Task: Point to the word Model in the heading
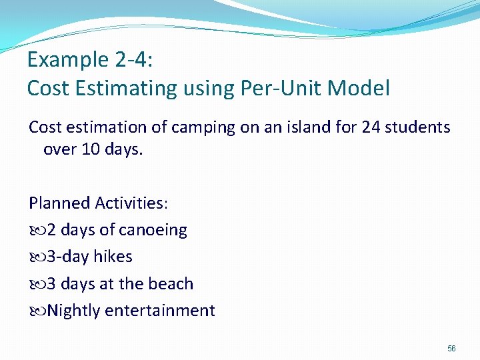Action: point(363,88)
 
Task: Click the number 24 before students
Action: point(371,127)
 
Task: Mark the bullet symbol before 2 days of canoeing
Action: point(36,231)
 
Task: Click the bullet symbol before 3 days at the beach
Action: point(36,284)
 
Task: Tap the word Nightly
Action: point(74,311)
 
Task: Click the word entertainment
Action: point(160,311)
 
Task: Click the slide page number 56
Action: point(451,349)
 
